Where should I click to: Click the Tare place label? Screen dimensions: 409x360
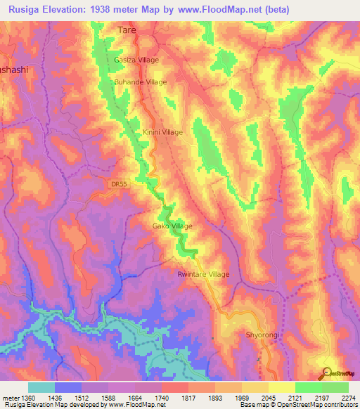(126, 32)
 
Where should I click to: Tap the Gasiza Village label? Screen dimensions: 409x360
(138, 60)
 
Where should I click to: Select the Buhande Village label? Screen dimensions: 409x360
(141, 82)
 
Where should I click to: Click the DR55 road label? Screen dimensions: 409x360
(120, 184)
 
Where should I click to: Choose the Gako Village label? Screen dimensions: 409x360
(172, 226)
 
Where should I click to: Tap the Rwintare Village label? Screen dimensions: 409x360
(203, 274)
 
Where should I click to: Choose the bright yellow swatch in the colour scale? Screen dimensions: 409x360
(282, 387)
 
